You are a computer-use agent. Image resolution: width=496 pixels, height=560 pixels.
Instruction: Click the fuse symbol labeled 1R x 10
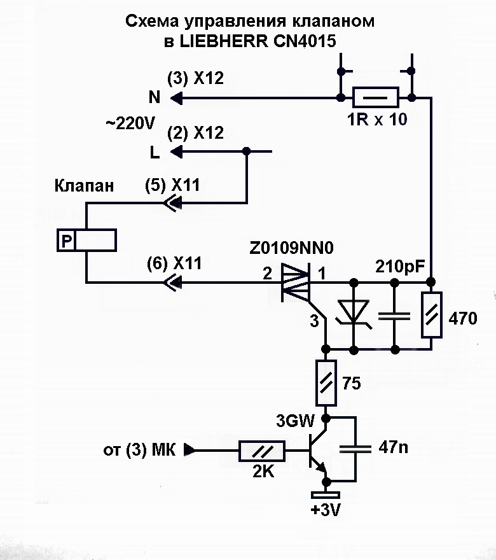coord(375,98)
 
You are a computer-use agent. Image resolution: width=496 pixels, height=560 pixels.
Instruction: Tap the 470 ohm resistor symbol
coord(431,316)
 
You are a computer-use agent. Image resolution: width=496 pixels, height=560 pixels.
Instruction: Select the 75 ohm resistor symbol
coord(327,382)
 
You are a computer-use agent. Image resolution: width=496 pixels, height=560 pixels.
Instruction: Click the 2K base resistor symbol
coord(261,451)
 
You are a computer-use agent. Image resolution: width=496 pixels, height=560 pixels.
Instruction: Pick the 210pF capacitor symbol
coord(395,316)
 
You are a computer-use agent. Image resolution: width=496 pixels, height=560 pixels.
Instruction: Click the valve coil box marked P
coord(86,241)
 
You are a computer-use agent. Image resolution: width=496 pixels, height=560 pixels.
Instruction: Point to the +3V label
coord(325,510)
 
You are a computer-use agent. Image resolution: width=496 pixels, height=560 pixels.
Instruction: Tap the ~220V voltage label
coord(130,124)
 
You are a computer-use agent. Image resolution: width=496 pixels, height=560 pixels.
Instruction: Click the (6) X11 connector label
coord(174,263)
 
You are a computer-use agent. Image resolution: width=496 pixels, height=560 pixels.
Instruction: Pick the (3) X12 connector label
coord(195,79)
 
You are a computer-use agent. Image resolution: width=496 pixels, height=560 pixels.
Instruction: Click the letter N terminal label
coord(155,97)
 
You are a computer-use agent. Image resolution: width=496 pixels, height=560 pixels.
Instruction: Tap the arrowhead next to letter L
coord(176,152)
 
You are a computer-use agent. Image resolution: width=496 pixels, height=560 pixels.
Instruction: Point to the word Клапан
coord(85,186)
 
